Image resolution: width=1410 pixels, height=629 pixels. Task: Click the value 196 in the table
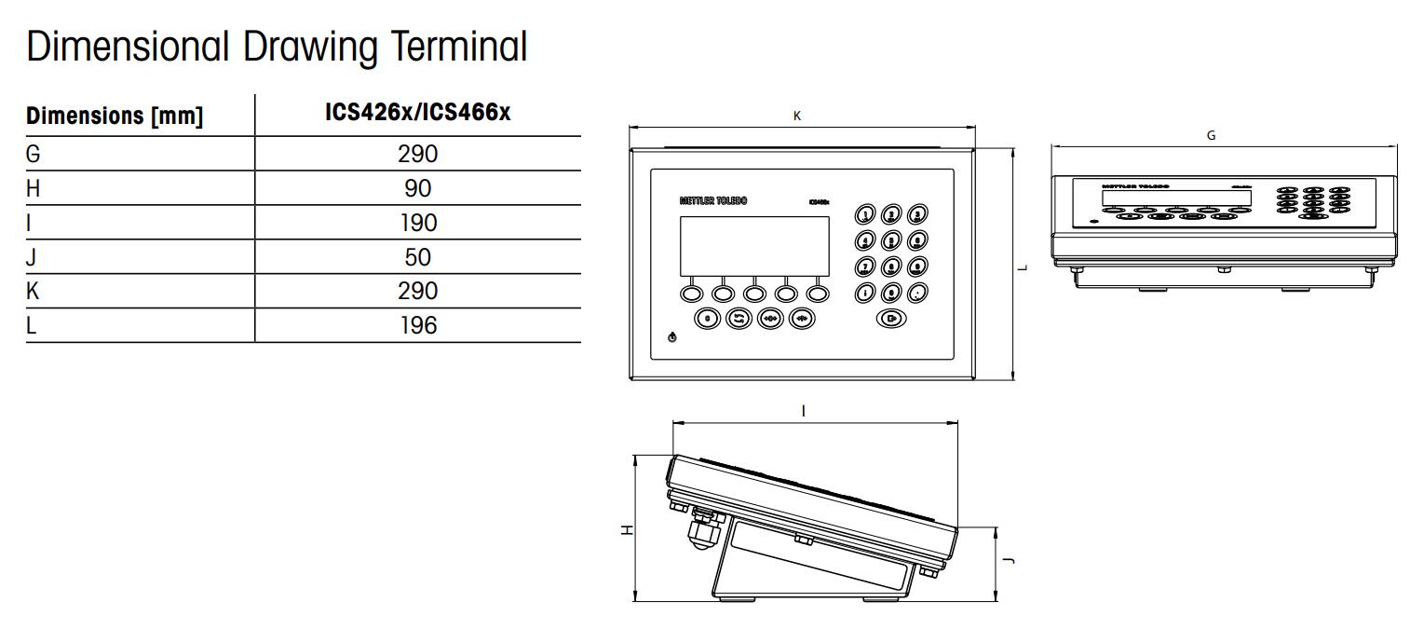click(x=417, y=325)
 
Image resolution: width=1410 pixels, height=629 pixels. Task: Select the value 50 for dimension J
click(x=417, y=257)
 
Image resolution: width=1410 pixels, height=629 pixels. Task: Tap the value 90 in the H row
click(x=417, y=188)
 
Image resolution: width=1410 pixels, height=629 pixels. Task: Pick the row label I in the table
click(x=30, y=223)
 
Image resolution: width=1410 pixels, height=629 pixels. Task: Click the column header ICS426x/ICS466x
click(x=417, y=113)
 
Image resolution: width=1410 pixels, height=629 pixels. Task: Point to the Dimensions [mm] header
click(x=115, y=116)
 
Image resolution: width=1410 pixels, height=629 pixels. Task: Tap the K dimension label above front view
click(x=797, y=116)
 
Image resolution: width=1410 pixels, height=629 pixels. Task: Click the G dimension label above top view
click(x=1211, y=136)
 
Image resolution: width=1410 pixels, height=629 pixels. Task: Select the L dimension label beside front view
click(x=1023, y=267)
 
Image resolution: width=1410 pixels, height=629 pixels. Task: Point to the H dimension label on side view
click(x=628, y=529)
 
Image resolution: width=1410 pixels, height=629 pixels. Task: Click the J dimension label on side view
click(x=1010, y=560)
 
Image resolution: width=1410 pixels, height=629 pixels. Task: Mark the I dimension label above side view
click(x=804, y=411)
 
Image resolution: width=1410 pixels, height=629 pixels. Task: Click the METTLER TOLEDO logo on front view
click(x=712, y=201)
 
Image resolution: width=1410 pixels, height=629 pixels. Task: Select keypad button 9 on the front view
click(x=916, y=267)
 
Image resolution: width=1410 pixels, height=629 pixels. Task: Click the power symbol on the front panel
click(x=672, y=336)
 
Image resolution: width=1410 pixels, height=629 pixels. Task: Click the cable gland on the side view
click(x=699, y=530)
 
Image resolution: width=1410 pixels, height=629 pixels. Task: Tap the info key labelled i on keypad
click(x=865, y=293)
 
